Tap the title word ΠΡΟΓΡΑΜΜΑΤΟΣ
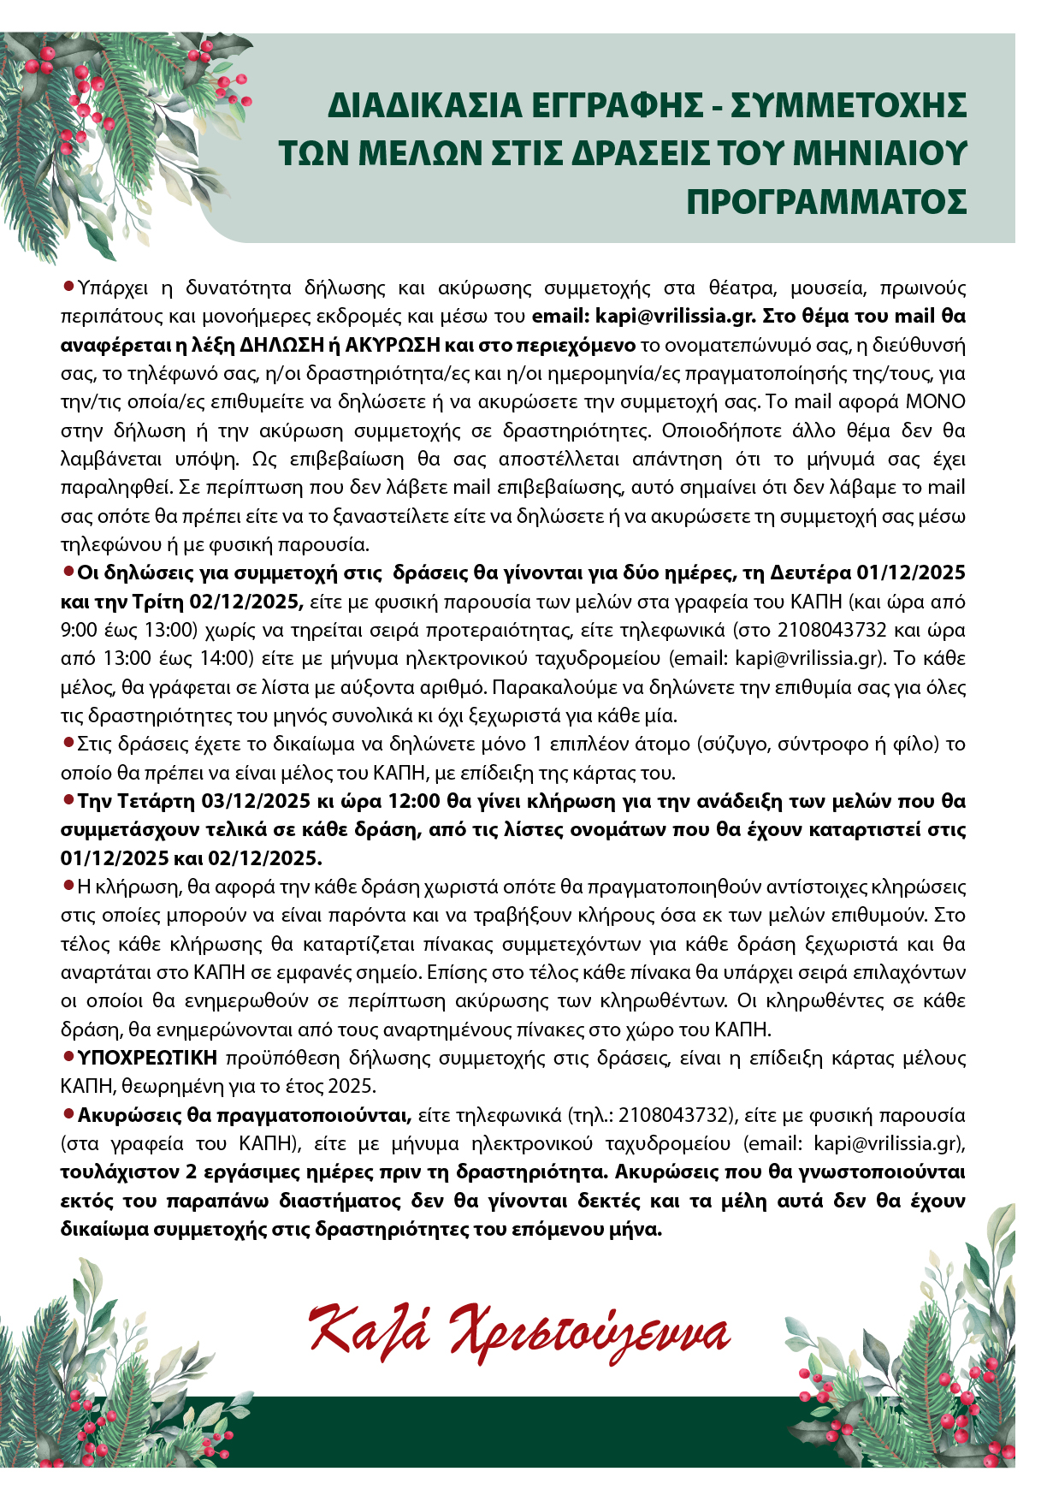pos(826,202)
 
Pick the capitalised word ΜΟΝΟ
pos(936,401)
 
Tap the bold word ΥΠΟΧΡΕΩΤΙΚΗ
pos(147,1058)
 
